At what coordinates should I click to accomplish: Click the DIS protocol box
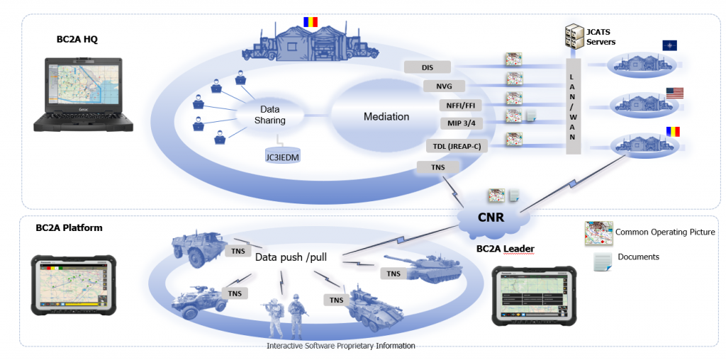[x=428, y=67]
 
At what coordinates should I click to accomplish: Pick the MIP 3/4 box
[x=460, y=124]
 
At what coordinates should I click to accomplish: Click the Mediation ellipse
[x=386, y=116]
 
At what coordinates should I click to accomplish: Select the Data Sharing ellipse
[x=269, y=116]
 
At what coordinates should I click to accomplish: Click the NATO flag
[x=669, y=45]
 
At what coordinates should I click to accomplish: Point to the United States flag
[x=674, y=92]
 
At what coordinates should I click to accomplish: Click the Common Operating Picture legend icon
[x=598, y=233]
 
